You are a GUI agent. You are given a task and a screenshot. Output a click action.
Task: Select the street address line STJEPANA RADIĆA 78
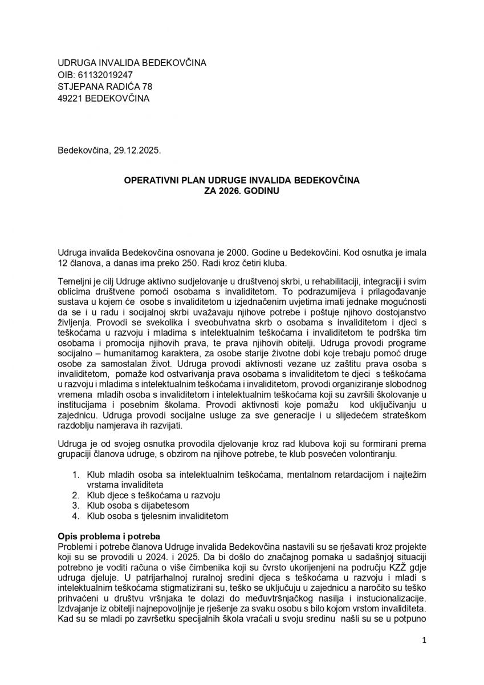pyautogui.click(x=105, y=87)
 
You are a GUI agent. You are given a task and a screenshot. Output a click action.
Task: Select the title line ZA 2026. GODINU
pyautogui.click(x=242, y=192)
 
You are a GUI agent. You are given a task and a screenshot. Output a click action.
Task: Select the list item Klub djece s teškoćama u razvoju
pyautogui.click(x=153, y=495)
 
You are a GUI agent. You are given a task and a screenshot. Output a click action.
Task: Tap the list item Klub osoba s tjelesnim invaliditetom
pyautogui.click(x=157, y=516)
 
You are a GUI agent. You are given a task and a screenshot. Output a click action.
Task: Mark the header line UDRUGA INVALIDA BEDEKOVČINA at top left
pyautogui.click(x=132, y=63)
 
